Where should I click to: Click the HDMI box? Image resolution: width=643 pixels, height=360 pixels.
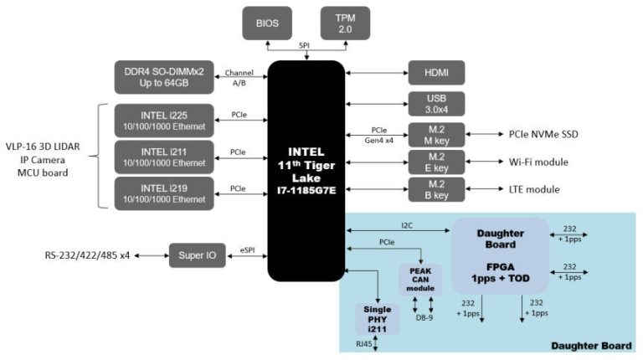click(436, 75)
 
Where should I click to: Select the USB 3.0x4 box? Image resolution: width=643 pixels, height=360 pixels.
click(436, 104)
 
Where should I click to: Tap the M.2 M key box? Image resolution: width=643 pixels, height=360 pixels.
click(436, 134)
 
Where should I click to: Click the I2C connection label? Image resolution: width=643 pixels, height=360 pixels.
click(404, 224)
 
